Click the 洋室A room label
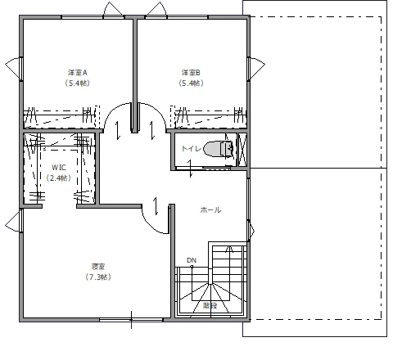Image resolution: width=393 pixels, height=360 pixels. [77, 72]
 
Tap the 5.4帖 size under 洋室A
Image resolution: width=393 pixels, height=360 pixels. [77, 83]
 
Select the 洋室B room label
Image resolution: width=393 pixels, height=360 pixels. [192, 72]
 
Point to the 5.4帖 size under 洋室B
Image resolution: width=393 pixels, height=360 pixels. [192, 83]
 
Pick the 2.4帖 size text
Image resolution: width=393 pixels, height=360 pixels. [58, 178]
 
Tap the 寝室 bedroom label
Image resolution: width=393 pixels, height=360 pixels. [98, 267]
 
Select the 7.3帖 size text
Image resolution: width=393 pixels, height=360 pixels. [98, 277]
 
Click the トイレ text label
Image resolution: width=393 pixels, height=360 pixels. [190, 149]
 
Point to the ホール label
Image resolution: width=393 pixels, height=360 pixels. [210, 210]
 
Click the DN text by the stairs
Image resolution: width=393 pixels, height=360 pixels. [192, 261]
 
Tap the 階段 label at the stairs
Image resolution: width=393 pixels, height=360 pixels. [210, 306]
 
